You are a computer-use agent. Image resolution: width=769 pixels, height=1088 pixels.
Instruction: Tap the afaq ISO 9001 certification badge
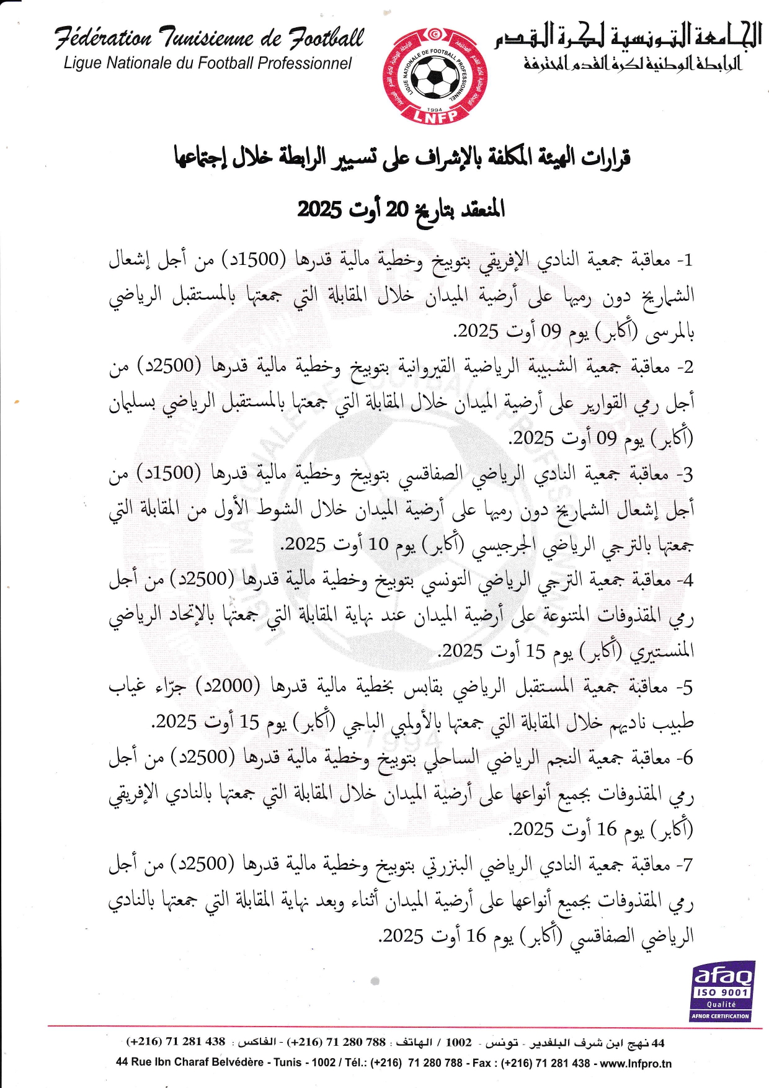pos(722,991)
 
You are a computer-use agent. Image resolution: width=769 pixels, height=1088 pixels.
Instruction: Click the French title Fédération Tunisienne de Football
pos(209,38)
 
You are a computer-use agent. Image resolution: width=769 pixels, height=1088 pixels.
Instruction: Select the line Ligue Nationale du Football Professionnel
pos(208,63)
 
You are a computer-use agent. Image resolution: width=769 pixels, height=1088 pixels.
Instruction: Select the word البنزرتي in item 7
pos(447,865)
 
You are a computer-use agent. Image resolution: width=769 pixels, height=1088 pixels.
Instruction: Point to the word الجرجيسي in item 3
pos(502,546)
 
